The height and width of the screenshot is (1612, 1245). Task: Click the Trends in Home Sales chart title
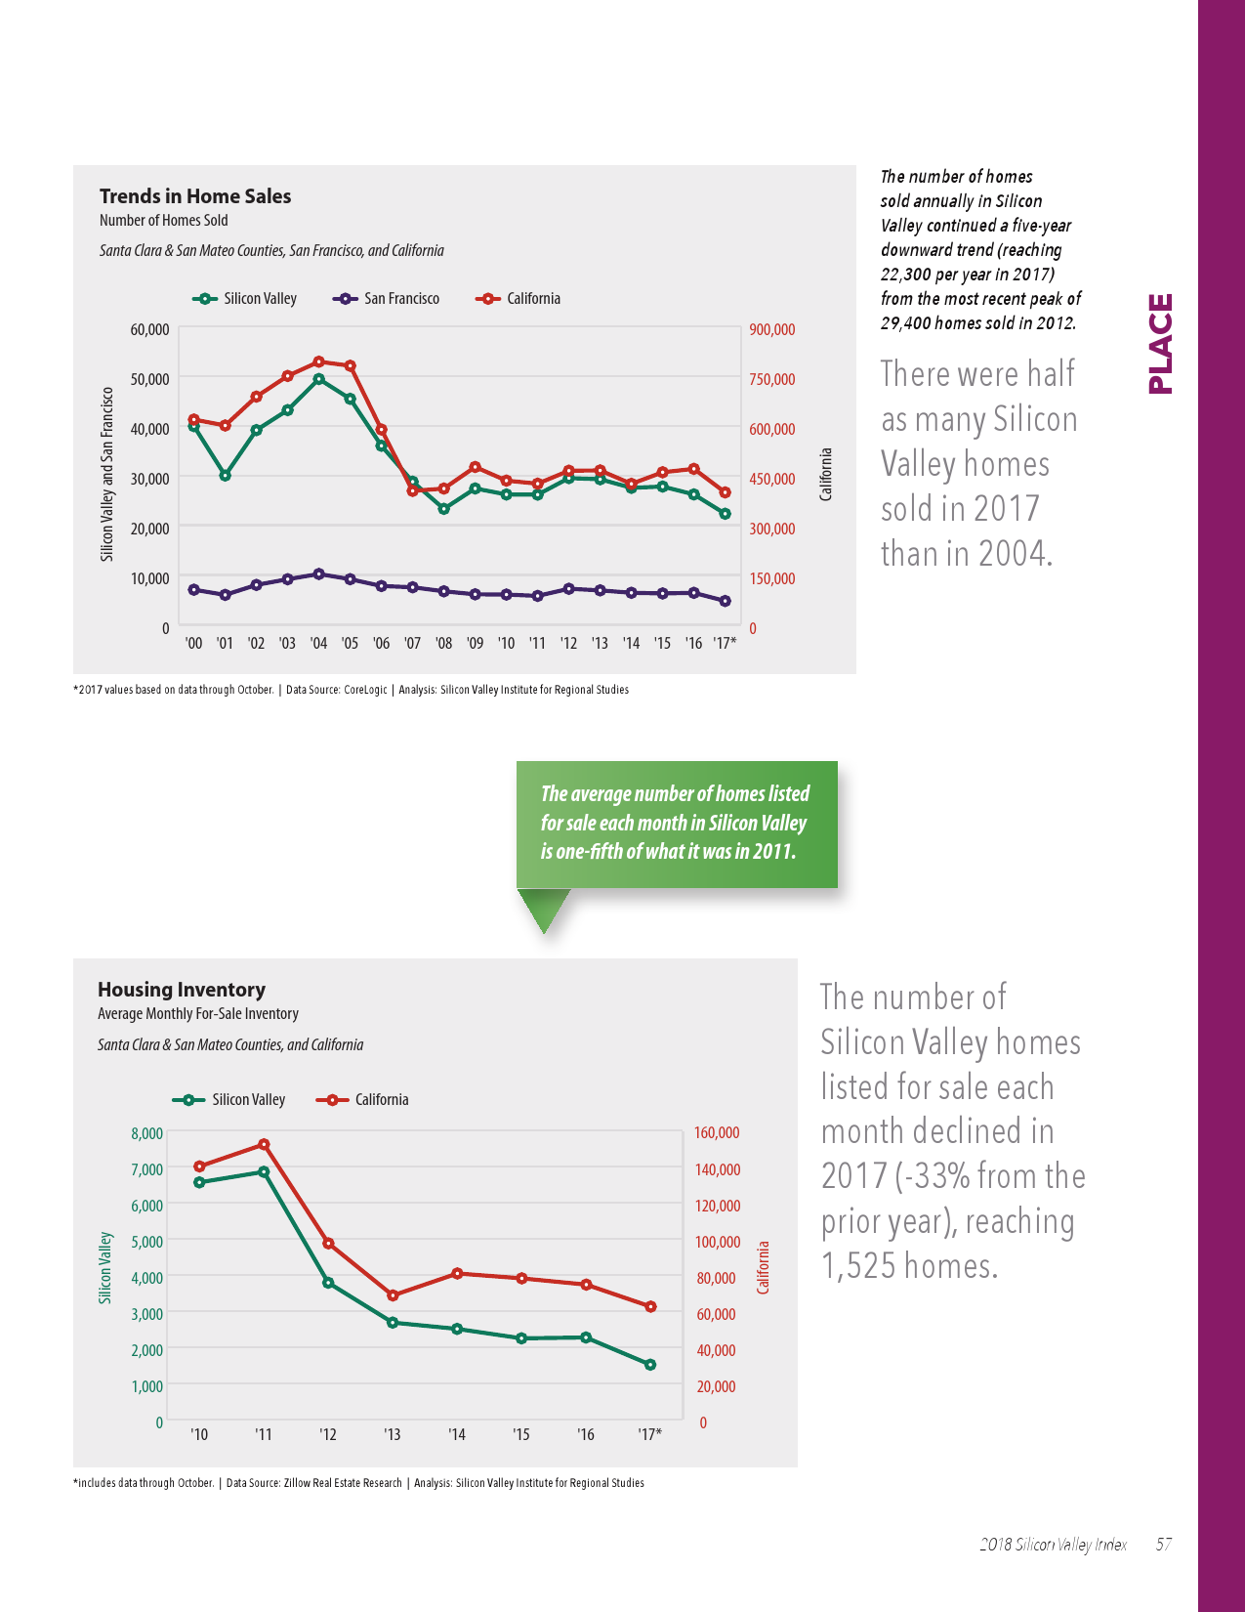click(x=195, y=196)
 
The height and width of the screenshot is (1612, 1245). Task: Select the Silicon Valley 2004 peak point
click(x=318, y=379)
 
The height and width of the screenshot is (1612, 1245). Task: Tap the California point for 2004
click(x=318, y=361)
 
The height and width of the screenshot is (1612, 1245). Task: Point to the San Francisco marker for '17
click(x=725, y=601)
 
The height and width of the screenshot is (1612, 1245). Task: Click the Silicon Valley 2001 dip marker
click(x=225, y=476)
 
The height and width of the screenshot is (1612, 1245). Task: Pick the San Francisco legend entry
click(x=387, y=299)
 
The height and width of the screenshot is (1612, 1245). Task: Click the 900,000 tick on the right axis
click(x=771, y=330)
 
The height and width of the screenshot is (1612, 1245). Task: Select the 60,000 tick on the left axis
click(x=149, y=330)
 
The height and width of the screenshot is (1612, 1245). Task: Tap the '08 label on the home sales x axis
click(x=443, y=643)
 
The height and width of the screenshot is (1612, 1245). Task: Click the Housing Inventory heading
click(x=182, y=990)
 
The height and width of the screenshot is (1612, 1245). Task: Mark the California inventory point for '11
click(x=264, y=1144)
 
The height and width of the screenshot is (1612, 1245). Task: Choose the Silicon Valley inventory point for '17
click(x=650, y=1365)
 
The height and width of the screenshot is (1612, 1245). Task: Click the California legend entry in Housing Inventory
click(x=363, y=1100)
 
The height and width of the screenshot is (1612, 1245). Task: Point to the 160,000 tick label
click(x=717, y=1133)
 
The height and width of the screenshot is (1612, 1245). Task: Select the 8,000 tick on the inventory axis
click(x=146, y=1133)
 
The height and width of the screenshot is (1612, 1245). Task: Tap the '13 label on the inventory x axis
click(x=392, y=1434)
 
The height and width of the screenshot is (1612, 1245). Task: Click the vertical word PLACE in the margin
click(x=1160, y=344)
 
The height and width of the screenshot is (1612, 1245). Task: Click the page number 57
click(x=1163, y=1545)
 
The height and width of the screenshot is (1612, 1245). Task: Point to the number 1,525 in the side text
click(x=858, y=1266)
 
